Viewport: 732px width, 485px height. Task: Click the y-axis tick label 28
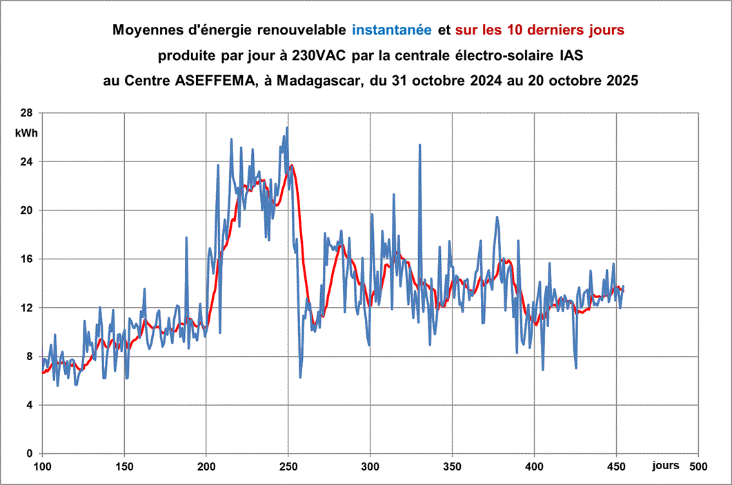tap(26, 112)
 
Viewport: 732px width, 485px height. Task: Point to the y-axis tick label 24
tap(26, 161)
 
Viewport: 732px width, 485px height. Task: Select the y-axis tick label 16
tap(26, 259)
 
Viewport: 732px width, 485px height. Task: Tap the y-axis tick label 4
tap(28, 405)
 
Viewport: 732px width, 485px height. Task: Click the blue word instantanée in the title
tap(392, 30)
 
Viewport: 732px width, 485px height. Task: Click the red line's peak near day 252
tap(292, 165)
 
